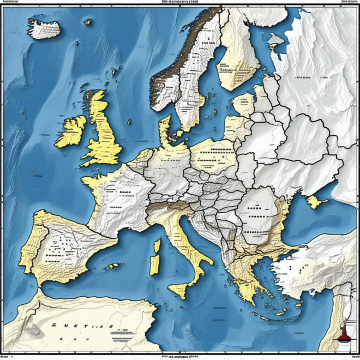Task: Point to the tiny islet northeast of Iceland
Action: tap(87, 22)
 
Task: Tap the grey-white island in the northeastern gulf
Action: tap(276, 40)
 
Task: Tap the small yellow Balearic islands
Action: tap(113, 266)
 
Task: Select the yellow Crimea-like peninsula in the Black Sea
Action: tap(314, 201)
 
